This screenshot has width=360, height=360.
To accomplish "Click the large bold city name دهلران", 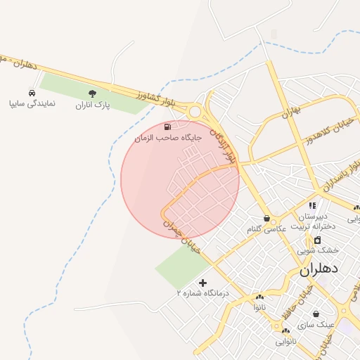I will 319,269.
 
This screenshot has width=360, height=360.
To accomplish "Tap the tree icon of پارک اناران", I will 92,94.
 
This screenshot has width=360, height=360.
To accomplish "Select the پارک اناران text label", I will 94,105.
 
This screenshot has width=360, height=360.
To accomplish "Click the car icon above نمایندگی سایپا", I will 32,93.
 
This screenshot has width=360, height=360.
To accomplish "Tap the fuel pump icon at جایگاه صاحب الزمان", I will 167,127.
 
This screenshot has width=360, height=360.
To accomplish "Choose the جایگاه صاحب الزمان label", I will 168,138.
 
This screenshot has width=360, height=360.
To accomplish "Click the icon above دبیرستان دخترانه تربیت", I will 312,205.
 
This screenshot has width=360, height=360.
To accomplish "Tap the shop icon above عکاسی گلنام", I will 266,218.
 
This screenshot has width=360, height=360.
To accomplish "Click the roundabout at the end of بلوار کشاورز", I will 195,111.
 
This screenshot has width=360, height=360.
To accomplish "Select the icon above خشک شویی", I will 317,240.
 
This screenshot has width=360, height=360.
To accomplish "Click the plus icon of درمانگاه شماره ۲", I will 203,282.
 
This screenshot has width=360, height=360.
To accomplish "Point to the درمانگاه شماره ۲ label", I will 203,292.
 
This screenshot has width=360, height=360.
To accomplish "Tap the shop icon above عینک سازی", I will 316,314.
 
